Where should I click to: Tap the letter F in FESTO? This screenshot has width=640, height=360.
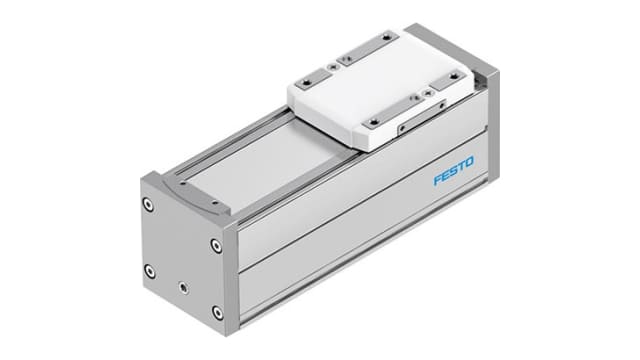[x=437, y=182]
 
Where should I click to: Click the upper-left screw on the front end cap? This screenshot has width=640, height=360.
[x=149, y=205]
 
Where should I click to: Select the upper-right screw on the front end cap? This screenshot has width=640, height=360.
[x=216, y=243]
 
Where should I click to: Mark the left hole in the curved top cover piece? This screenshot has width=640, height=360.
[x=164, y=183]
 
